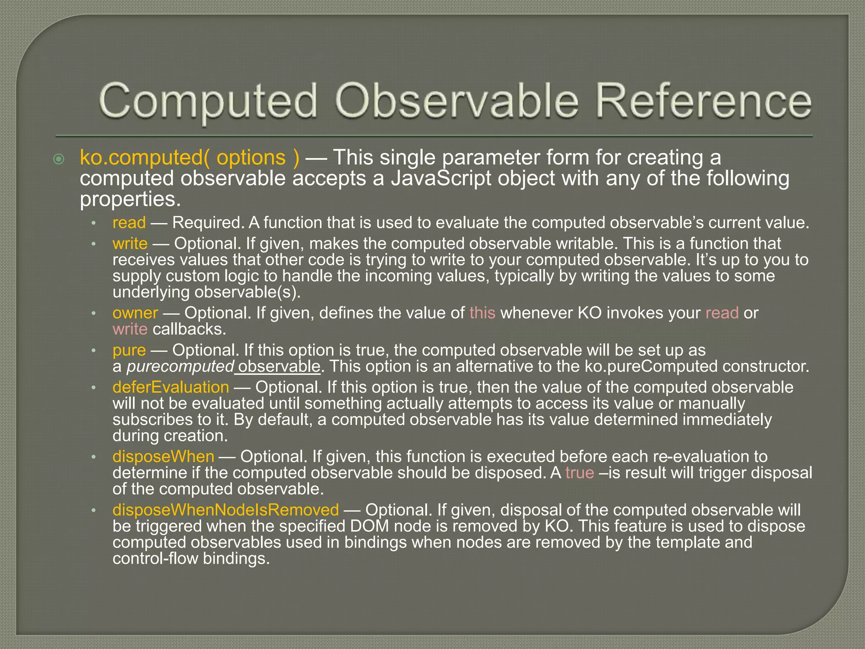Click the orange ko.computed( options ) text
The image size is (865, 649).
190,158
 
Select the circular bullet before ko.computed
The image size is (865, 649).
59,159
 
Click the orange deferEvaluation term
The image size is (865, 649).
171,387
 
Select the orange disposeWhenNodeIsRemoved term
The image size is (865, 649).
226,510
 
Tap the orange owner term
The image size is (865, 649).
135,313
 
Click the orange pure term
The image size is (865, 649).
129,350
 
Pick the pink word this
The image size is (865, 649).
482,313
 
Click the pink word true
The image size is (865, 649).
579,472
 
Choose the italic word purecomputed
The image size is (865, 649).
180,366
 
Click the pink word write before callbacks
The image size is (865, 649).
130,329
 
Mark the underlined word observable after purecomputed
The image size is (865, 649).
279,366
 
